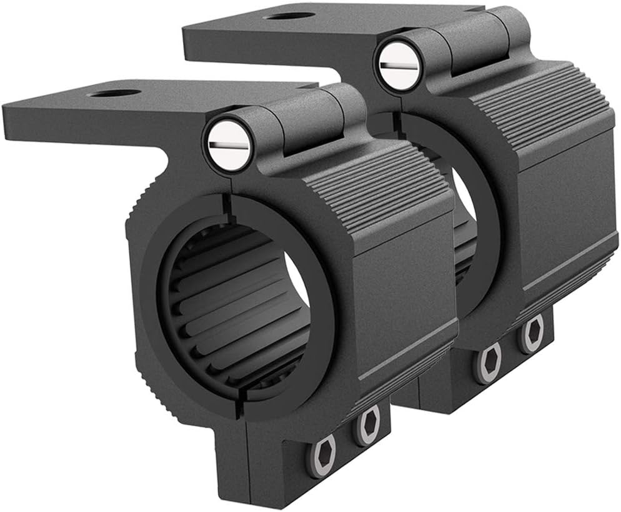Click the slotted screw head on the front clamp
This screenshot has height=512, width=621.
pos(229,144)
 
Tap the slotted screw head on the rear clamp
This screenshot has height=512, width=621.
pos(399,65)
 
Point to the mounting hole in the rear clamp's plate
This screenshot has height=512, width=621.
pos(289,15)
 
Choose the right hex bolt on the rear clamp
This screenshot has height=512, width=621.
pos(532,333)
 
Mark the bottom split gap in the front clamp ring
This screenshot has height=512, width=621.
pos(237,406)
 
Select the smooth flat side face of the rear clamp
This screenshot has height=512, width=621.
pos(569,206)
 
